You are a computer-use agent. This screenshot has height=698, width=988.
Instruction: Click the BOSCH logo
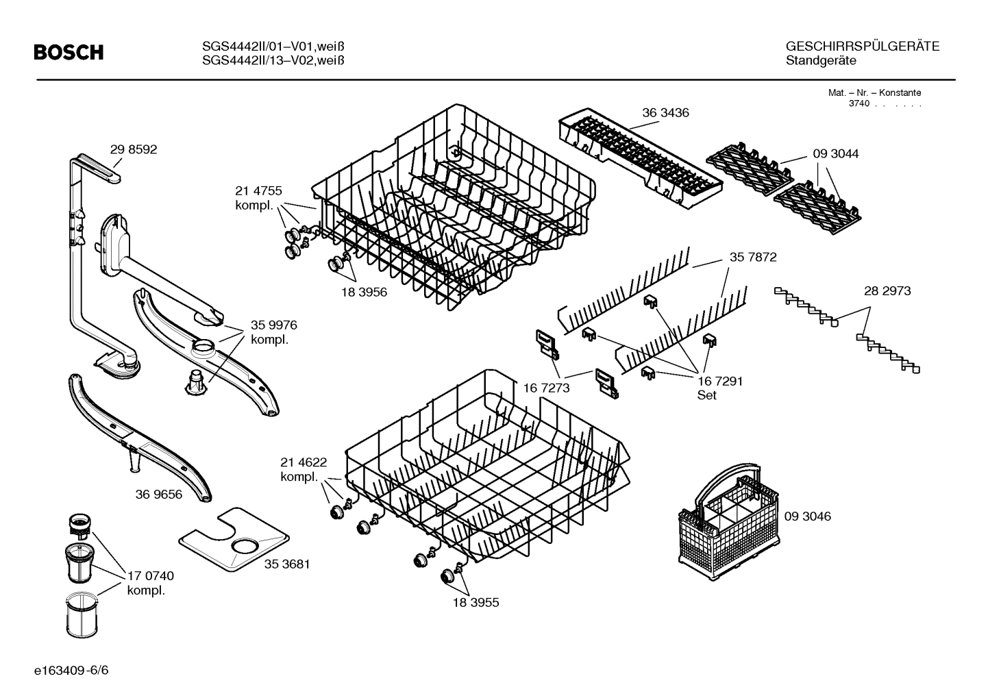coord(69,52)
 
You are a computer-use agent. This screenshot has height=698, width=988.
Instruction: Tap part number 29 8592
coord(134,149)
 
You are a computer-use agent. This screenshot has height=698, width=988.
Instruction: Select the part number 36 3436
coord(665,112)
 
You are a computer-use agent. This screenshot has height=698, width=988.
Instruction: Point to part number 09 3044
coord(835,154)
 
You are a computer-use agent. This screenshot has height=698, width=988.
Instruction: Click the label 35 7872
coord(753,257)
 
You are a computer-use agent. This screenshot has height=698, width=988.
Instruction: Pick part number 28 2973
coord(887,291)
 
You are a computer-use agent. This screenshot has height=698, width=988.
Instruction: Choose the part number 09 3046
coord(807,516)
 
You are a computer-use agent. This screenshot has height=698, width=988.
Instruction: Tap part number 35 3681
coord(287,564)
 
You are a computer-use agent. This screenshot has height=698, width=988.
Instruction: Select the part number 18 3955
coord(476,603)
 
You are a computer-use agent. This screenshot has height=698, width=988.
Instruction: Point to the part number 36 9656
coord(159,494)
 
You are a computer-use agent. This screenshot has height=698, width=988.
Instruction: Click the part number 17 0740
coord(150,576)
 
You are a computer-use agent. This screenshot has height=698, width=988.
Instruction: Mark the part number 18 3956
coord(364,292)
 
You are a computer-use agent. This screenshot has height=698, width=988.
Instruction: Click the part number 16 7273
coord(546,388)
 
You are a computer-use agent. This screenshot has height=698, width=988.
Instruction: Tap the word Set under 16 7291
coord(706,395)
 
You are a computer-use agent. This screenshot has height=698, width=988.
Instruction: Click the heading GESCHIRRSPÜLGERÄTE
coord(862,47)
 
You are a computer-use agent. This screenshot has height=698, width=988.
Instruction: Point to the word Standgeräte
coord(821,60)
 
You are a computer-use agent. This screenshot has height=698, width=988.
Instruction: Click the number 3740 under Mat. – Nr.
coord(859,103)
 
